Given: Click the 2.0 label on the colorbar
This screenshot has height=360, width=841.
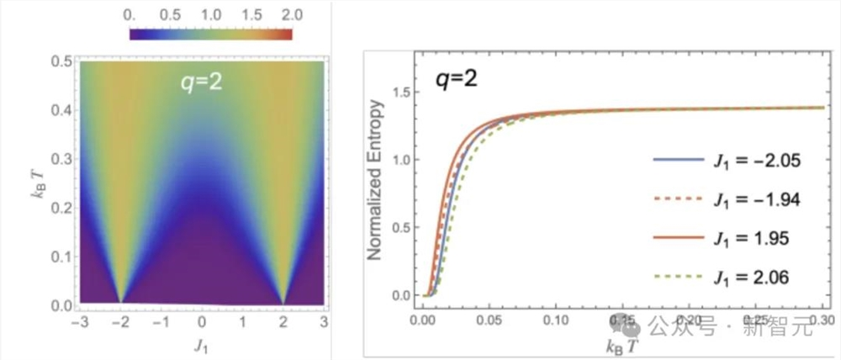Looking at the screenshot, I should click(x=274, y=15).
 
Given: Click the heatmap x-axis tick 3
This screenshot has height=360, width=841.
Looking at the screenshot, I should click(x=322, y=321).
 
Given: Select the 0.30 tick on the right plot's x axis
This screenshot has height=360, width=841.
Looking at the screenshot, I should click(x=822, y=320).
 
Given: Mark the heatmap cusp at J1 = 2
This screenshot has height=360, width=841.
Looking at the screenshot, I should click(x=283, y=301).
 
